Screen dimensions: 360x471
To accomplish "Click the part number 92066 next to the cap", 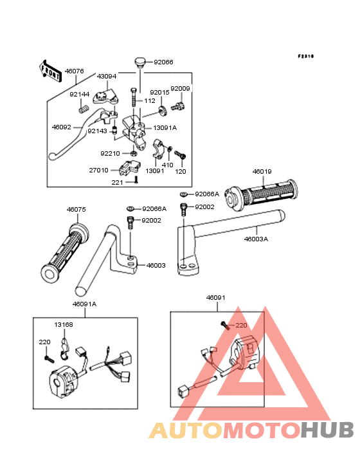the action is click(163, 62).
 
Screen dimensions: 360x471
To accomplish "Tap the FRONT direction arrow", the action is click(50, 71).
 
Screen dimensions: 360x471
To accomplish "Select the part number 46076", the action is click(75, 71).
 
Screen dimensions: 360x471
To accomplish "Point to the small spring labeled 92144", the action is click(84, 108).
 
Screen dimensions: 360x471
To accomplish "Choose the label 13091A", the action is click(165, 127).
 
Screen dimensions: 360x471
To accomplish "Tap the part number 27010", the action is click(98, 171).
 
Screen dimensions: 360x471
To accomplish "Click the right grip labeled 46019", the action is click(262, 194).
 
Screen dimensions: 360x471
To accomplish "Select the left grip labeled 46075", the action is click(64, 253).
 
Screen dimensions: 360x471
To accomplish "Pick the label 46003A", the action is click(256, 239).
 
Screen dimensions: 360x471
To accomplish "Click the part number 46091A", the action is click(84, 304).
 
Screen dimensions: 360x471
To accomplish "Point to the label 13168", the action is click(64, 325).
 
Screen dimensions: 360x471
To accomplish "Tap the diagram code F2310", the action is click(306, 56).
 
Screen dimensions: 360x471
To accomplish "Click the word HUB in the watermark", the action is click(328, 430).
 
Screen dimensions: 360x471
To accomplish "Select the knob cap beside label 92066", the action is click(139, 62).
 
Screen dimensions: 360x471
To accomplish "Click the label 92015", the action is click(159, 92).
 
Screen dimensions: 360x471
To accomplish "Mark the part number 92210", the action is click(110, 154).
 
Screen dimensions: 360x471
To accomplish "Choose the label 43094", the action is click(107, 77).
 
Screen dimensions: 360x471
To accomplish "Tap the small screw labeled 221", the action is click(136, 180).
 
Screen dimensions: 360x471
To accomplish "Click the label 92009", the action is click(180, 89).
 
